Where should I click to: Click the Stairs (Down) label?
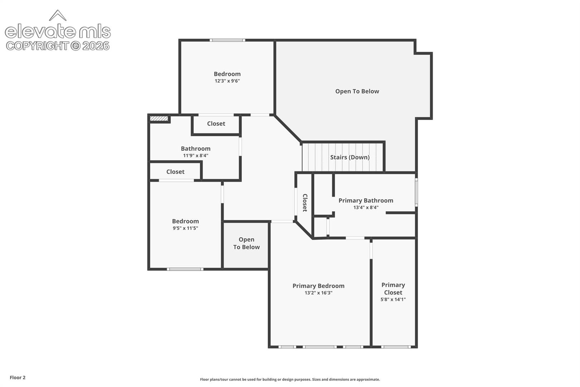350,157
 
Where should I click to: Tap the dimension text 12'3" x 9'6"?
227,81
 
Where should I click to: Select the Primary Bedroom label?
319,286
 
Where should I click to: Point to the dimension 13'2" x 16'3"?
319,293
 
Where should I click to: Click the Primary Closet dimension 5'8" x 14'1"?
393,300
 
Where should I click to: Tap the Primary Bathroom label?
366,200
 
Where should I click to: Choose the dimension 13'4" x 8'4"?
366,207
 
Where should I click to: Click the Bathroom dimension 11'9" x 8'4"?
196,156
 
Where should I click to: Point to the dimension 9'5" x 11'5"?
185,228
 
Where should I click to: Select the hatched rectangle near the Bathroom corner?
159,119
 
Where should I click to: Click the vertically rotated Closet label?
305,203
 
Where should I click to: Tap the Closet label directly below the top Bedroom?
216,124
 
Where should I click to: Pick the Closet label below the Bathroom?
175,172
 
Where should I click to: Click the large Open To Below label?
357,91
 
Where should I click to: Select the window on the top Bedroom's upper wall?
227,40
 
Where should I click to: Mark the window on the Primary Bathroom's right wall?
416,192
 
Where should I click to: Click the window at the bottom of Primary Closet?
396,347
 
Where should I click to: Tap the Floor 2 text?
18,377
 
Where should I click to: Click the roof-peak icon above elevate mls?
58,15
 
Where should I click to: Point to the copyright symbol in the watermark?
76,46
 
